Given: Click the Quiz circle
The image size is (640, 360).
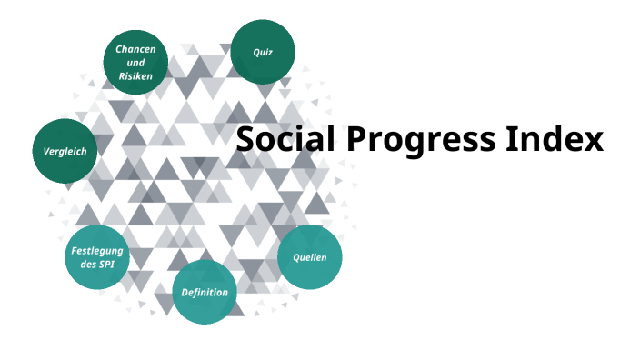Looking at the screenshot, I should (263, 52).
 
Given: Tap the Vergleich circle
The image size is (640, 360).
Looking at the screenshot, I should (65, 151).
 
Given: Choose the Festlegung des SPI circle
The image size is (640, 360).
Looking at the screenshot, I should (97, 257).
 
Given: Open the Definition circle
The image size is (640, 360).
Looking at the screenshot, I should (205, 292).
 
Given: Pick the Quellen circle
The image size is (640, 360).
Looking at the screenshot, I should (309, 257).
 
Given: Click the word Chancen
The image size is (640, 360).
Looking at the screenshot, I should (135, 47).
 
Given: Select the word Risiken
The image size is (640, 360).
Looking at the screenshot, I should (135, 76).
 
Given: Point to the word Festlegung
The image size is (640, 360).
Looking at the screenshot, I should (96, 250).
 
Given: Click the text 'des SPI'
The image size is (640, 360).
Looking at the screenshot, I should (96, 265).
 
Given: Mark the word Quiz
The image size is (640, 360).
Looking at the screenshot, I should (263, 52).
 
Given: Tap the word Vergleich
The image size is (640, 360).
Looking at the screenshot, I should (65, 151).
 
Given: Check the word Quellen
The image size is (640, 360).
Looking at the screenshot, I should (309, 257).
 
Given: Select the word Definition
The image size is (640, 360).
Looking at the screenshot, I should (205, 293).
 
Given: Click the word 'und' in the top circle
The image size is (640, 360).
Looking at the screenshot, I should (135, 62).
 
